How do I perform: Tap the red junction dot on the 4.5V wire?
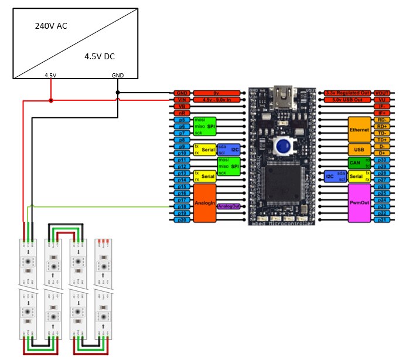(51, 100)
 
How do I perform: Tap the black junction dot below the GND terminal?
(118, 93)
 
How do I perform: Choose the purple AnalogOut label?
(228, 207)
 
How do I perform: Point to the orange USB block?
(360, 149)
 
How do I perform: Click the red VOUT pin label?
(382, 93)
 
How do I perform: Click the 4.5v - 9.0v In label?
(216, 100)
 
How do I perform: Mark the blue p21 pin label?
(382, 220)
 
